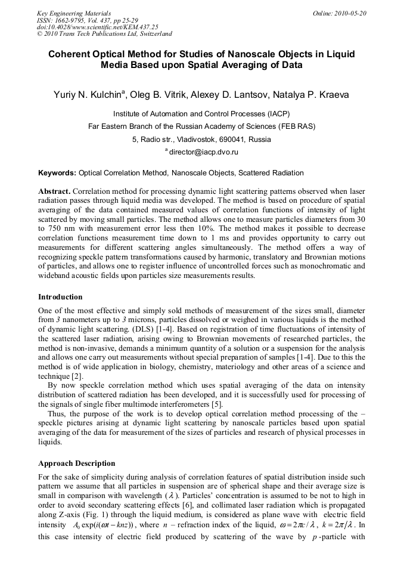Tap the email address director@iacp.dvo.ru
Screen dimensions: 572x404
tap(205, 153)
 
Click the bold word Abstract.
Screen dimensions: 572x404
tap(55, 191)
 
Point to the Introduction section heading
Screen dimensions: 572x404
tap(60, 296)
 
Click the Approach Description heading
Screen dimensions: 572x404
tap(77, 463)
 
